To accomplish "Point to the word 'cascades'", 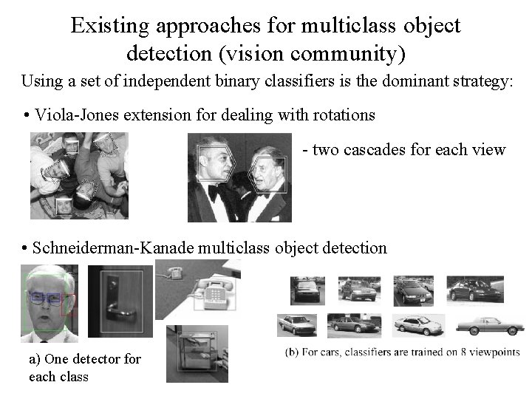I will [371, 150].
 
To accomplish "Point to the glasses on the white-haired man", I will [46, 299].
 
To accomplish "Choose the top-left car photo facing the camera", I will [306, 290].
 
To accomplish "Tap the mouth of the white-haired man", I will [46, 319].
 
